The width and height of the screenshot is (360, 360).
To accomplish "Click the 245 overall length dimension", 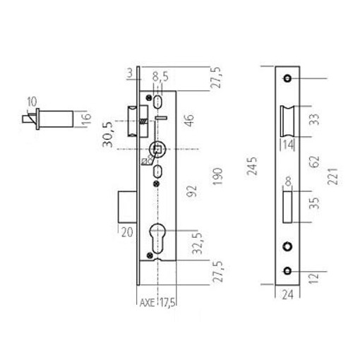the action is coord(252,166).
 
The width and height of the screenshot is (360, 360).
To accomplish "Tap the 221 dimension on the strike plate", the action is coord(332,176).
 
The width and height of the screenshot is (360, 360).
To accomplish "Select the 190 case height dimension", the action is coord(217,176).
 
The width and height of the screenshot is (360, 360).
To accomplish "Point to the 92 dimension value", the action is coord(191,191).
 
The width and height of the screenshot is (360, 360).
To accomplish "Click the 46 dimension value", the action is coord(189,120).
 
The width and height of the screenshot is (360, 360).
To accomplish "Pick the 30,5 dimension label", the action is coord(107,135).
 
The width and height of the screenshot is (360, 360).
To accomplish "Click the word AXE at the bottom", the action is coord(147,303).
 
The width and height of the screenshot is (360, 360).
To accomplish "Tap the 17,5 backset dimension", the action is coord(168,303).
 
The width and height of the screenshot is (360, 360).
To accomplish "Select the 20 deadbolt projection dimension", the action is coord(127,232).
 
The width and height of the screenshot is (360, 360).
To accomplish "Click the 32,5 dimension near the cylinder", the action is coord(197,244).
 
